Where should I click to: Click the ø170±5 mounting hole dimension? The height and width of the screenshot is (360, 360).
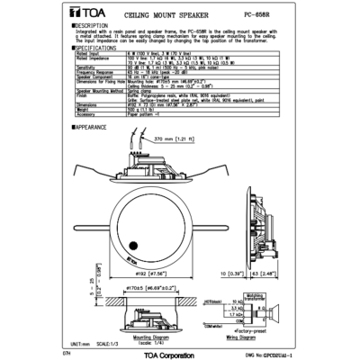(146, 292)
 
